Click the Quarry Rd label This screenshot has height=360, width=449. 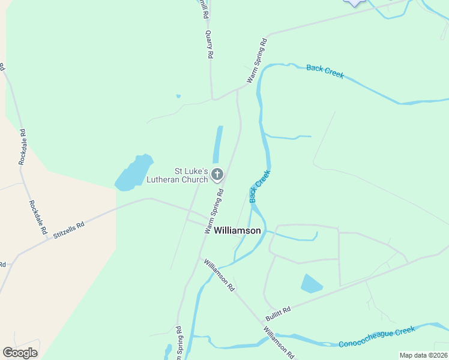tap(209, 44)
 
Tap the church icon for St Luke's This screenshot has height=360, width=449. tap(217, 175)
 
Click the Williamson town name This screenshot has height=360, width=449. tap(237, 230)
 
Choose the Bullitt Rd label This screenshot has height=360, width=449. tap(279, 313)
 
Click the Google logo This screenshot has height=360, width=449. tap(20, 352)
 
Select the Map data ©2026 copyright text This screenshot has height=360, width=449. tap(423, 355)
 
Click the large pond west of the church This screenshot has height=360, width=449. tap(133, 173)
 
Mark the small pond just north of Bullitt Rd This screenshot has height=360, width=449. tap(311, 284)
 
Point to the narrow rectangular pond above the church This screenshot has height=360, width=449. tap(218, 144)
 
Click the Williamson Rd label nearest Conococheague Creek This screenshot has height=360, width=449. tap(279, 342)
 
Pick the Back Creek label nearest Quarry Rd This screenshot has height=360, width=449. tap(325, 71)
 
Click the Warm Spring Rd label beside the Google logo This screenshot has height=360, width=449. tap(178, 344)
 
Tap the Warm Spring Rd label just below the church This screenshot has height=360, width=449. tap(214, 212)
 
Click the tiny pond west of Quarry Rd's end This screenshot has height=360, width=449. tap(178, 95)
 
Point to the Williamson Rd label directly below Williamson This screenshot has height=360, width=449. tap(218, 275)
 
